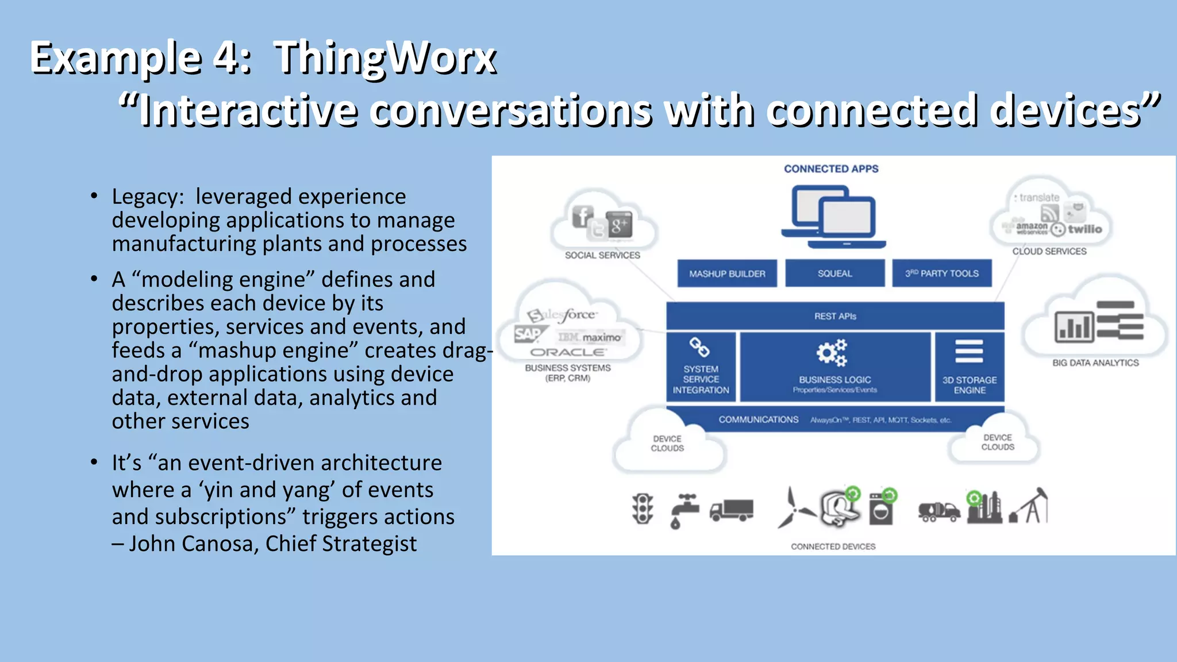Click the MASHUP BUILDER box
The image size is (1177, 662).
click(727, 274)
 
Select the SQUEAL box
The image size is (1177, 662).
click(834, 274)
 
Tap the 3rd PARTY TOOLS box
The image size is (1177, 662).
click(942, 274)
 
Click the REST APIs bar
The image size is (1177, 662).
click(834, 316)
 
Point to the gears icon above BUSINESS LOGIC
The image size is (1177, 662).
click(832, 352)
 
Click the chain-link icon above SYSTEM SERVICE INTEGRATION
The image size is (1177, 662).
click(699, 347)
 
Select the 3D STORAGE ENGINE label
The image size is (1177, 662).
click(970, 385)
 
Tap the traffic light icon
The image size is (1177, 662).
click(643, 509)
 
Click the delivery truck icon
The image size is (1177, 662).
click(731, 510)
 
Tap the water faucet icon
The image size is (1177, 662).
click(683, 510)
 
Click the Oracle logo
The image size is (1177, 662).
click(567, 352)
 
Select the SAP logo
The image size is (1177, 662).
click(528, 334)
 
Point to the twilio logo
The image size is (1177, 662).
click(1084, 229)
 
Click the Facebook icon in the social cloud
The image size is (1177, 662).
click(582, 217)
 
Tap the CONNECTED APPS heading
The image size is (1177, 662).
click(831, 169)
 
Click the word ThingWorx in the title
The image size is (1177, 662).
click(385, 57)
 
